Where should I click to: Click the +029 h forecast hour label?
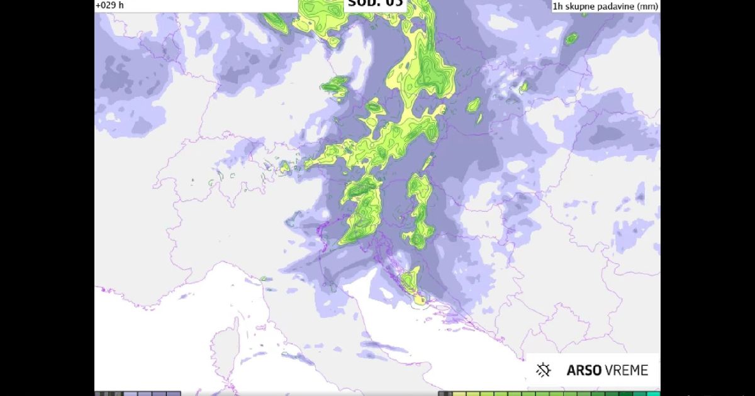pyautogui.click(x=110, y=5)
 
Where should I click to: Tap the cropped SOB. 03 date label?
pyautogui.click(x=374, y=3)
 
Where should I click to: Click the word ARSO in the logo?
pyautogui.click(x=583, y=370)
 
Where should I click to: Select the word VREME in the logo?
pyautogui.click(x=626, y=370)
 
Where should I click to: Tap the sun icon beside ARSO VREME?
pyautogui.click(x=544, y=370)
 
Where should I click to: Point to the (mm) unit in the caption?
pyautogui.click(x=649, y=6)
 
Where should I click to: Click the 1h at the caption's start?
pyautogui.click(x=557, y=6)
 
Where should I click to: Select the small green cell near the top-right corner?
pyautogui.click(x=571, y=39)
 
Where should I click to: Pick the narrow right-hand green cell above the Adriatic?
pyautogui.click(x=419, y=211)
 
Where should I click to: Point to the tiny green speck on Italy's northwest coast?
pyautogui.click(x=264, y=278)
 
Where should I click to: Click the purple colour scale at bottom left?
pyautogui.click(x=138, y=393)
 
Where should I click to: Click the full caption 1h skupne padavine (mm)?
pyautogui.click(x=605, y=6)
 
